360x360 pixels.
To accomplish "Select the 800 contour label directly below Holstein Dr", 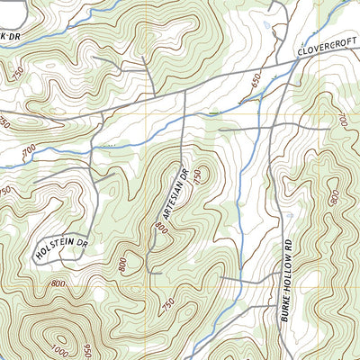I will point(59,283).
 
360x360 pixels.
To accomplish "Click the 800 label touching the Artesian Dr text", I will point(163,229).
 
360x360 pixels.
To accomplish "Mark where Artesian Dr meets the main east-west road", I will point(184,94).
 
